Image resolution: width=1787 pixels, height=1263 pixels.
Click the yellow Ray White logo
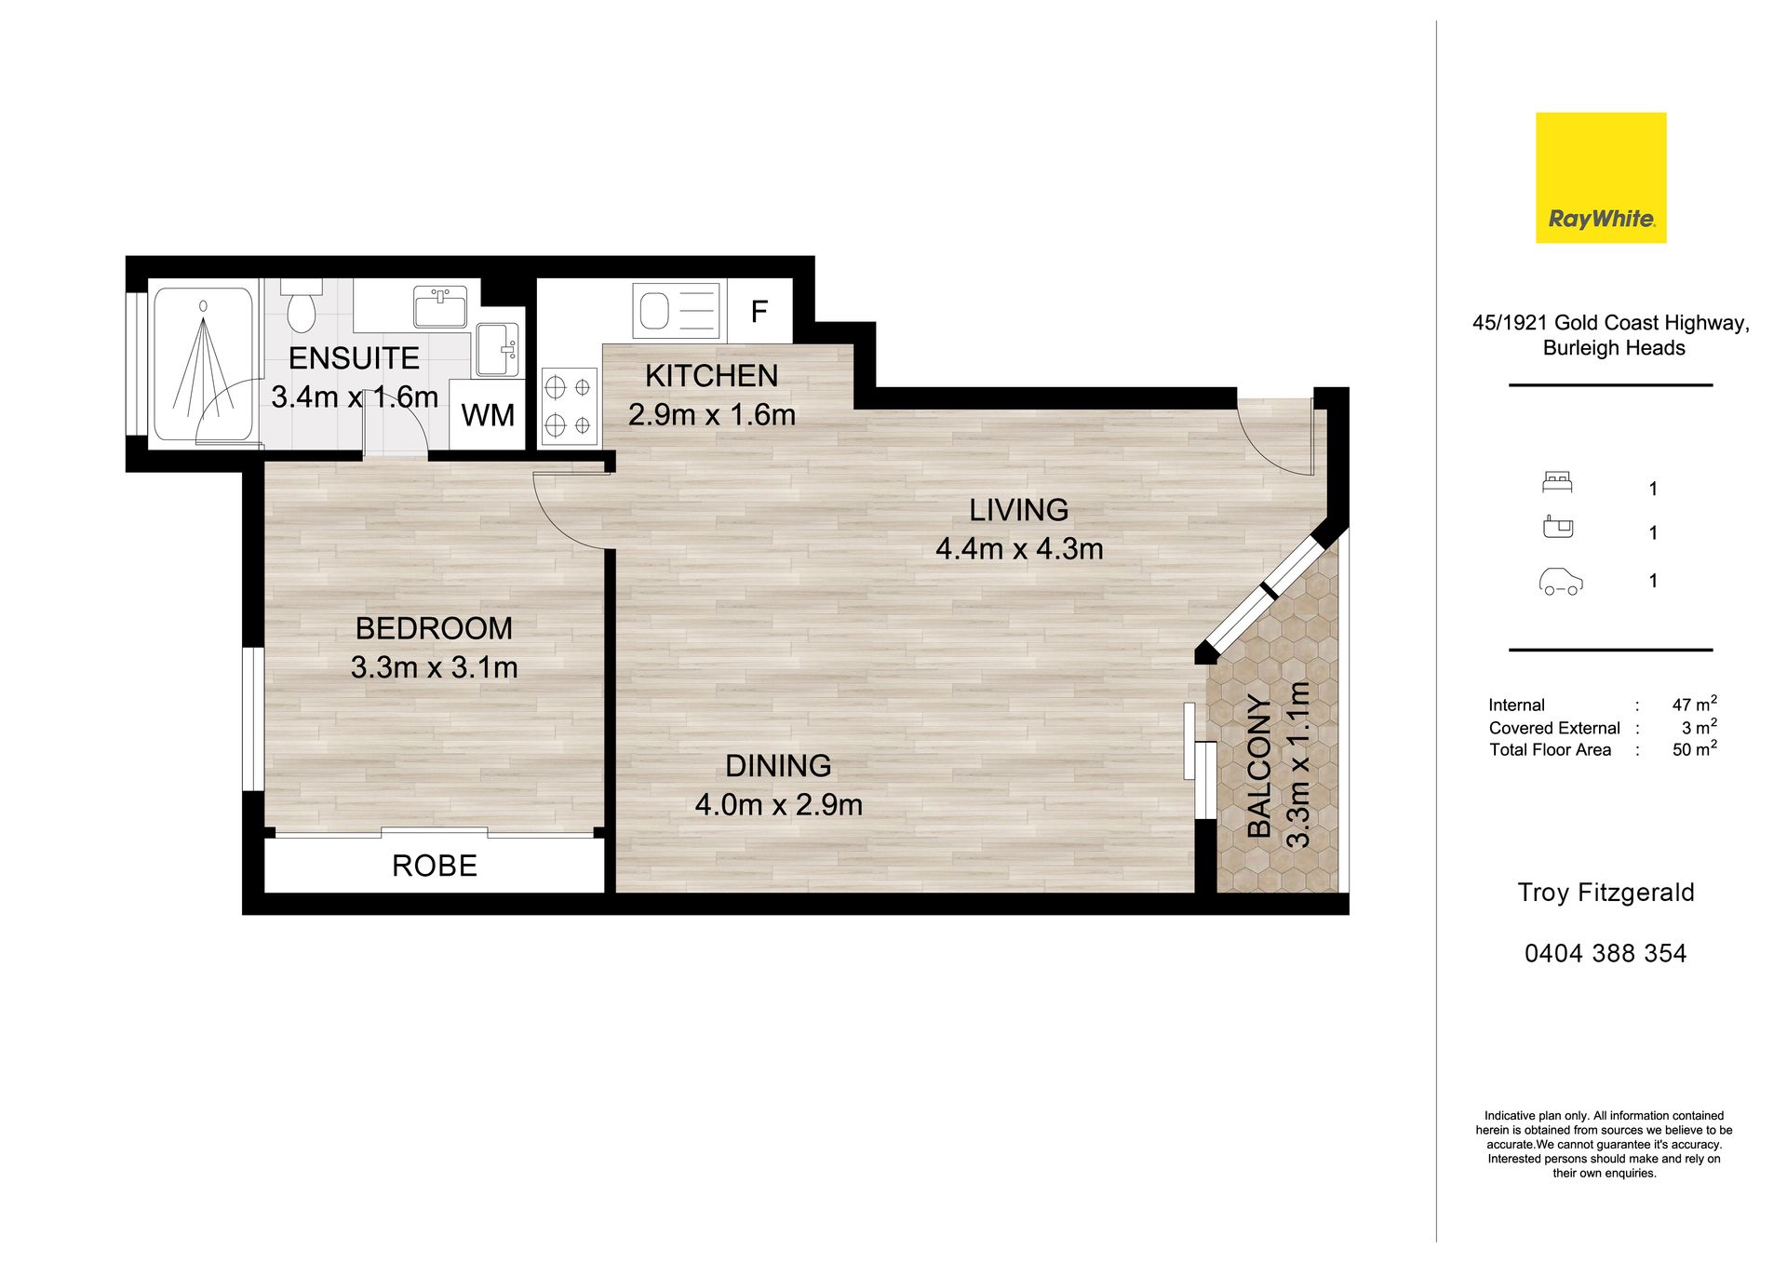point(1601,178)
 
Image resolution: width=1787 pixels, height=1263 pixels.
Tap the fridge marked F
point(759,311)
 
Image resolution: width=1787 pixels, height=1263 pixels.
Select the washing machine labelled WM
point(488,415)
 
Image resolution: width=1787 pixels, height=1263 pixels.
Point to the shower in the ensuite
point(203,364)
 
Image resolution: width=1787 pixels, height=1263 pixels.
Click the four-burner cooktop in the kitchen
point(570,405)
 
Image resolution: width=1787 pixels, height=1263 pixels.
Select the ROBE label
point(435,866)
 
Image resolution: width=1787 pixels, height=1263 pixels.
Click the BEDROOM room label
point(434,628)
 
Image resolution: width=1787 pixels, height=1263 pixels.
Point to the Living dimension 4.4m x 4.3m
point(1019,548)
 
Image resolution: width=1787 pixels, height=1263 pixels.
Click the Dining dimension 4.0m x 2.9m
point(779,804)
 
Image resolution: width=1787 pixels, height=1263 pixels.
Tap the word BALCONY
point(1259,765)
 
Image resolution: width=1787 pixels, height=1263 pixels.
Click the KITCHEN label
point(711,375)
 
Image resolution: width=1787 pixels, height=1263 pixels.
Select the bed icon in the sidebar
point(1557,482)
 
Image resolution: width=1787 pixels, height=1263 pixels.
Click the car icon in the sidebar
point(1561,581)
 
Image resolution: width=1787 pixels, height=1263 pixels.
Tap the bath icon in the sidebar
point(1557,527)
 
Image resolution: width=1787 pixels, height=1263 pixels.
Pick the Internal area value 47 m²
point(1694,704)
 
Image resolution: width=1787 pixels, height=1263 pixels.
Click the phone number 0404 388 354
point(1606,953)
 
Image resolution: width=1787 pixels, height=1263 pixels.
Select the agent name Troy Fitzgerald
point(1606,893)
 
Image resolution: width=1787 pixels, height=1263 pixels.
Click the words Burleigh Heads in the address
point(1614,348)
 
